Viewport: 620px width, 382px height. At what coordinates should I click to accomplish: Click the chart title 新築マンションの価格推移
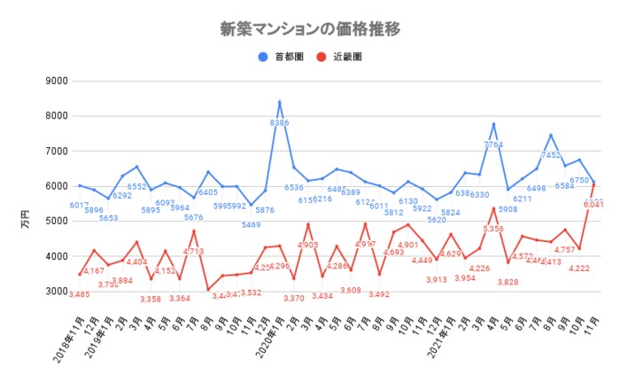310,27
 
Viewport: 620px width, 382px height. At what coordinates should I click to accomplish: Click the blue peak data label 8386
280,123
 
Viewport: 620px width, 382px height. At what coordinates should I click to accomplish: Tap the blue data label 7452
550,155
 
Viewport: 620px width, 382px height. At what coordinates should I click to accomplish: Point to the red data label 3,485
79,294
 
